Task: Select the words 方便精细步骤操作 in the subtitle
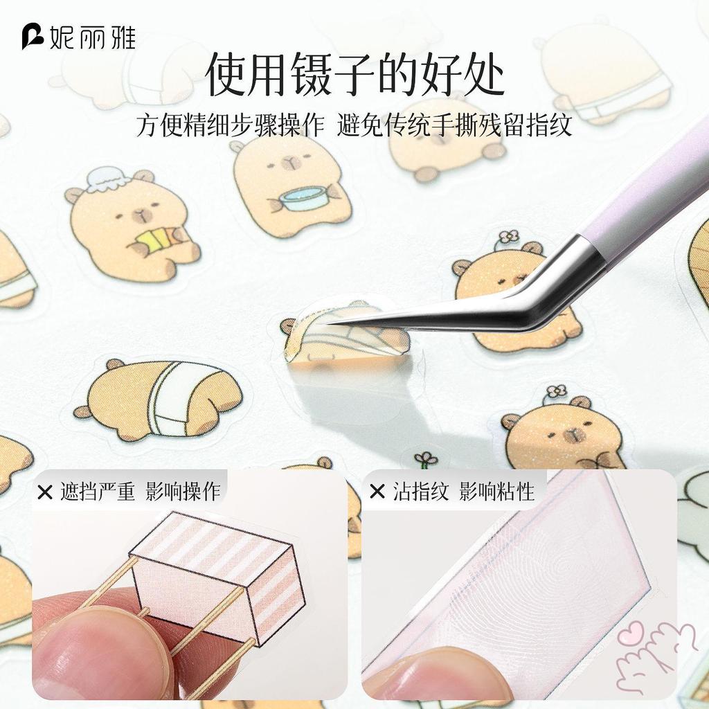point(230,125)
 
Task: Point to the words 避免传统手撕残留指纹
point(454,125)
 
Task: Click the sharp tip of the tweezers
point(323,323)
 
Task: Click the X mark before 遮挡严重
point(45,492)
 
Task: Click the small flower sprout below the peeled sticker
point(426,460)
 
